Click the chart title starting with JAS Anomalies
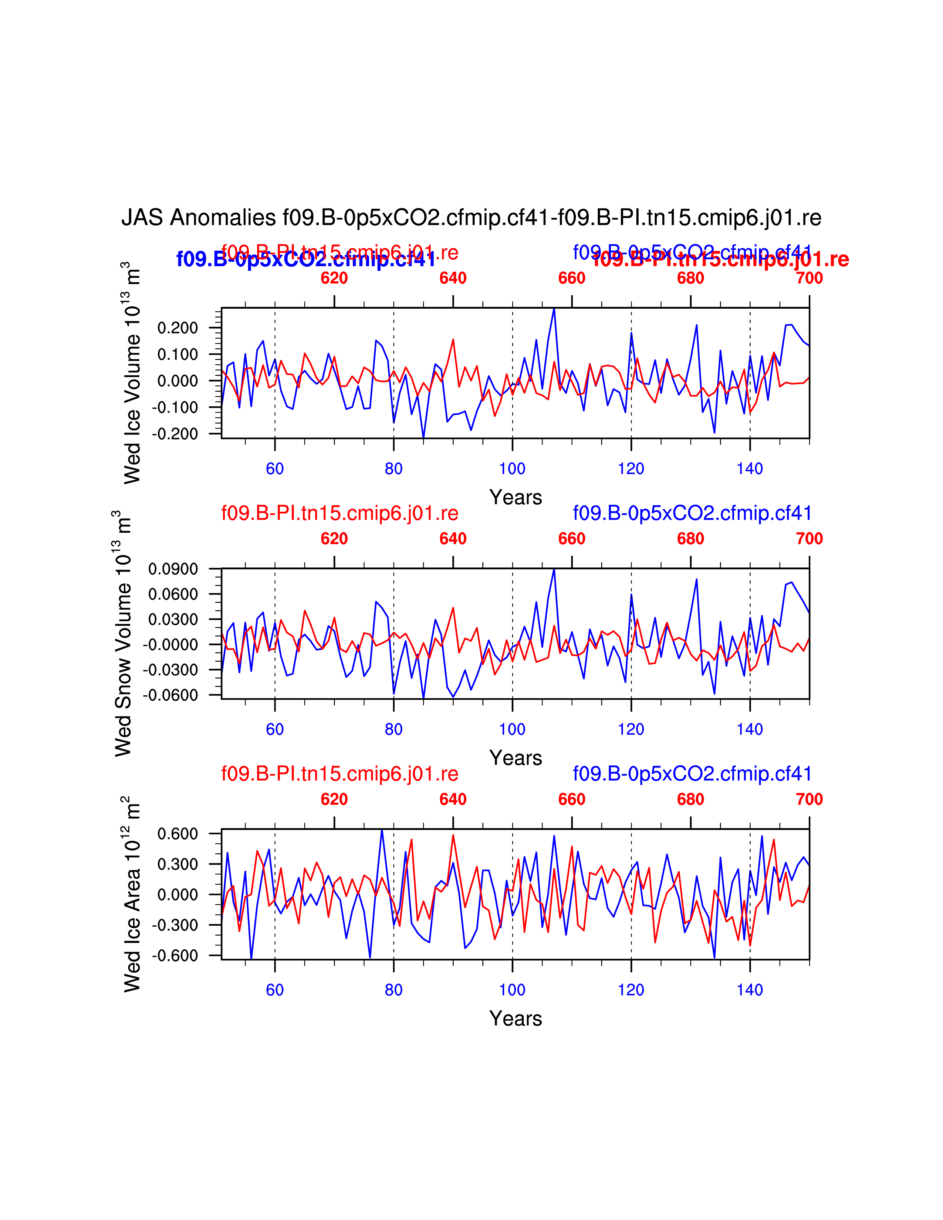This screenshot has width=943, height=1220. pos(471,217)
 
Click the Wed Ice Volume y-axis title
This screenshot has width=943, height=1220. pos(132,373)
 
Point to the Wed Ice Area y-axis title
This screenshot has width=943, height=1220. pos(132,894)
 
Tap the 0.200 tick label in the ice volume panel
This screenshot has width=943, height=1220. pos(178,328)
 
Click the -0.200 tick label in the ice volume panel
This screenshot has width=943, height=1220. pos(175,434)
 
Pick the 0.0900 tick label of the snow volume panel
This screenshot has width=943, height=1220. pos(173,569)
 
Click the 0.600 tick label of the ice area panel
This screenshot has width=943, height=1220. pos(178,834)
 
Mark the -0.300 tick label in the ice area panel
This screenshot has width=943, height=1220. pos(175,925)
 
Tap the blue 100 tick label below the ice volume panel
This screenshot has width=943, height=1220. pos(512,469)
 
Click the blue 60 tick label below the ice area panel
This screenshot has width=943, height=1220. pos(275,990)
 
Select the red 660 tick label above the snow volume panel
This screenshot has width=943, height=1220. pos(571,539)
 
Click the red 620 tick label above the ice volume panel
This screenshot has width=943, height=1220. pos(334,278)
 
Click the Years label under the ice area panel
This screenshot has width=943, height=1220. pos(515,1019)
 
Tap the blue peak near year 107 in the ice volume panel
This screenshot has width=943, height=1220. pos(554,309)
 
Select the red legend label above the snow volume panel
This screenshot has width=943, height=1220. pos(339,513)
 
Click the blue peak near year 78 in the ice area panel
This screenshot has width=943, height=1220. pos(382,831)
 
